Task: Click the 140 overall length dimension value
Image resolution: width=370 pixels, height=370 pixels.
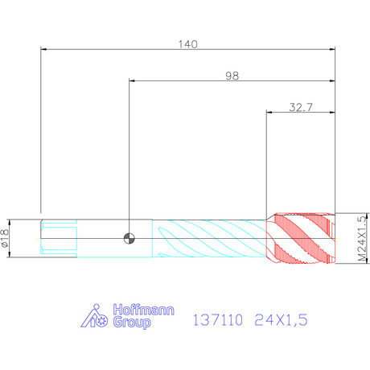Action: click(x=188, y=44)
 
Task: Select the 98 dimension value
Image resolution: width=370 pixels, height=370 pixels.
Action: click(x=232, y=76)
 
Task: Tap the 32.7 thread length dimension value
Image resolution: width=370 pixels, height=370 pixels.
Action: click(x=301, y=107)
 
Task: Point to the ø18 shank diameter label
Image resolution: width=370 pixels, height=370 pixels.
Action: click(x=5, y=238)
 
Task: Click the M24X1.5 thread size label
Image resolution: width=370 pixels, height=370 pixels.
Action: click(x=362, y=239)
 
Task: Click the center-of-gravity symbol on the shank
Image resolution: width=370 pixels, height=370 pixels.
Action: click(x=129, y=238)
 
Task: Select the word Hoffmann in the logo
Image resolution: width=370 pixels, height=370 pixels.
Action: click(x=143, y=310)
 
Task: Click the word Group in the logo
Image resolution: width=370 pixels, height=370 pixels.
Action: click(x=132, y=323)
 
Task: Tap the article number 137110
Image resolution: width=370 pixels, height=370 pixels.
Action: click(x=218, y=320)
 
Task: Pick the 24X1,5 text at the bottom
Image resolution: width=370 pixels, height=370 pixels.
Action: click(x=281, y=320)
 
